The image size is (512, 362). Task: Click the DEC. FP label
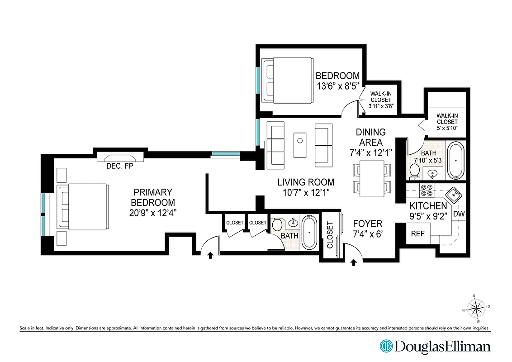click(119, 166)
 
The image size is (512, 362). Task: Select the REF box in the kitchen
click(417, 234)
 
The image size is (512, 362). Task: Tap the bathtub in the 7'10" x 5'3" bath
click(455, 161)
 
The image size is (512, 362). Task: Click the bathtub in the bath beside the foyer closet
click(309, 232)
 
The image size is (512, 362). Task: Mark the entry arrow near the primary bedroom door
click(210, 256)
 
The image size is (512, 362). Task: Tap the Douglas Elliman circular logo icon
click(386, 347)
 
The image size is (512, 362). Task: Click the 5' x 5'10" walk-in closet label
click(447, 122)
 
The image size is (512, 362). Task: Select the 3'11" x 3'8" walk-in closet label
click(381, 100)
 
